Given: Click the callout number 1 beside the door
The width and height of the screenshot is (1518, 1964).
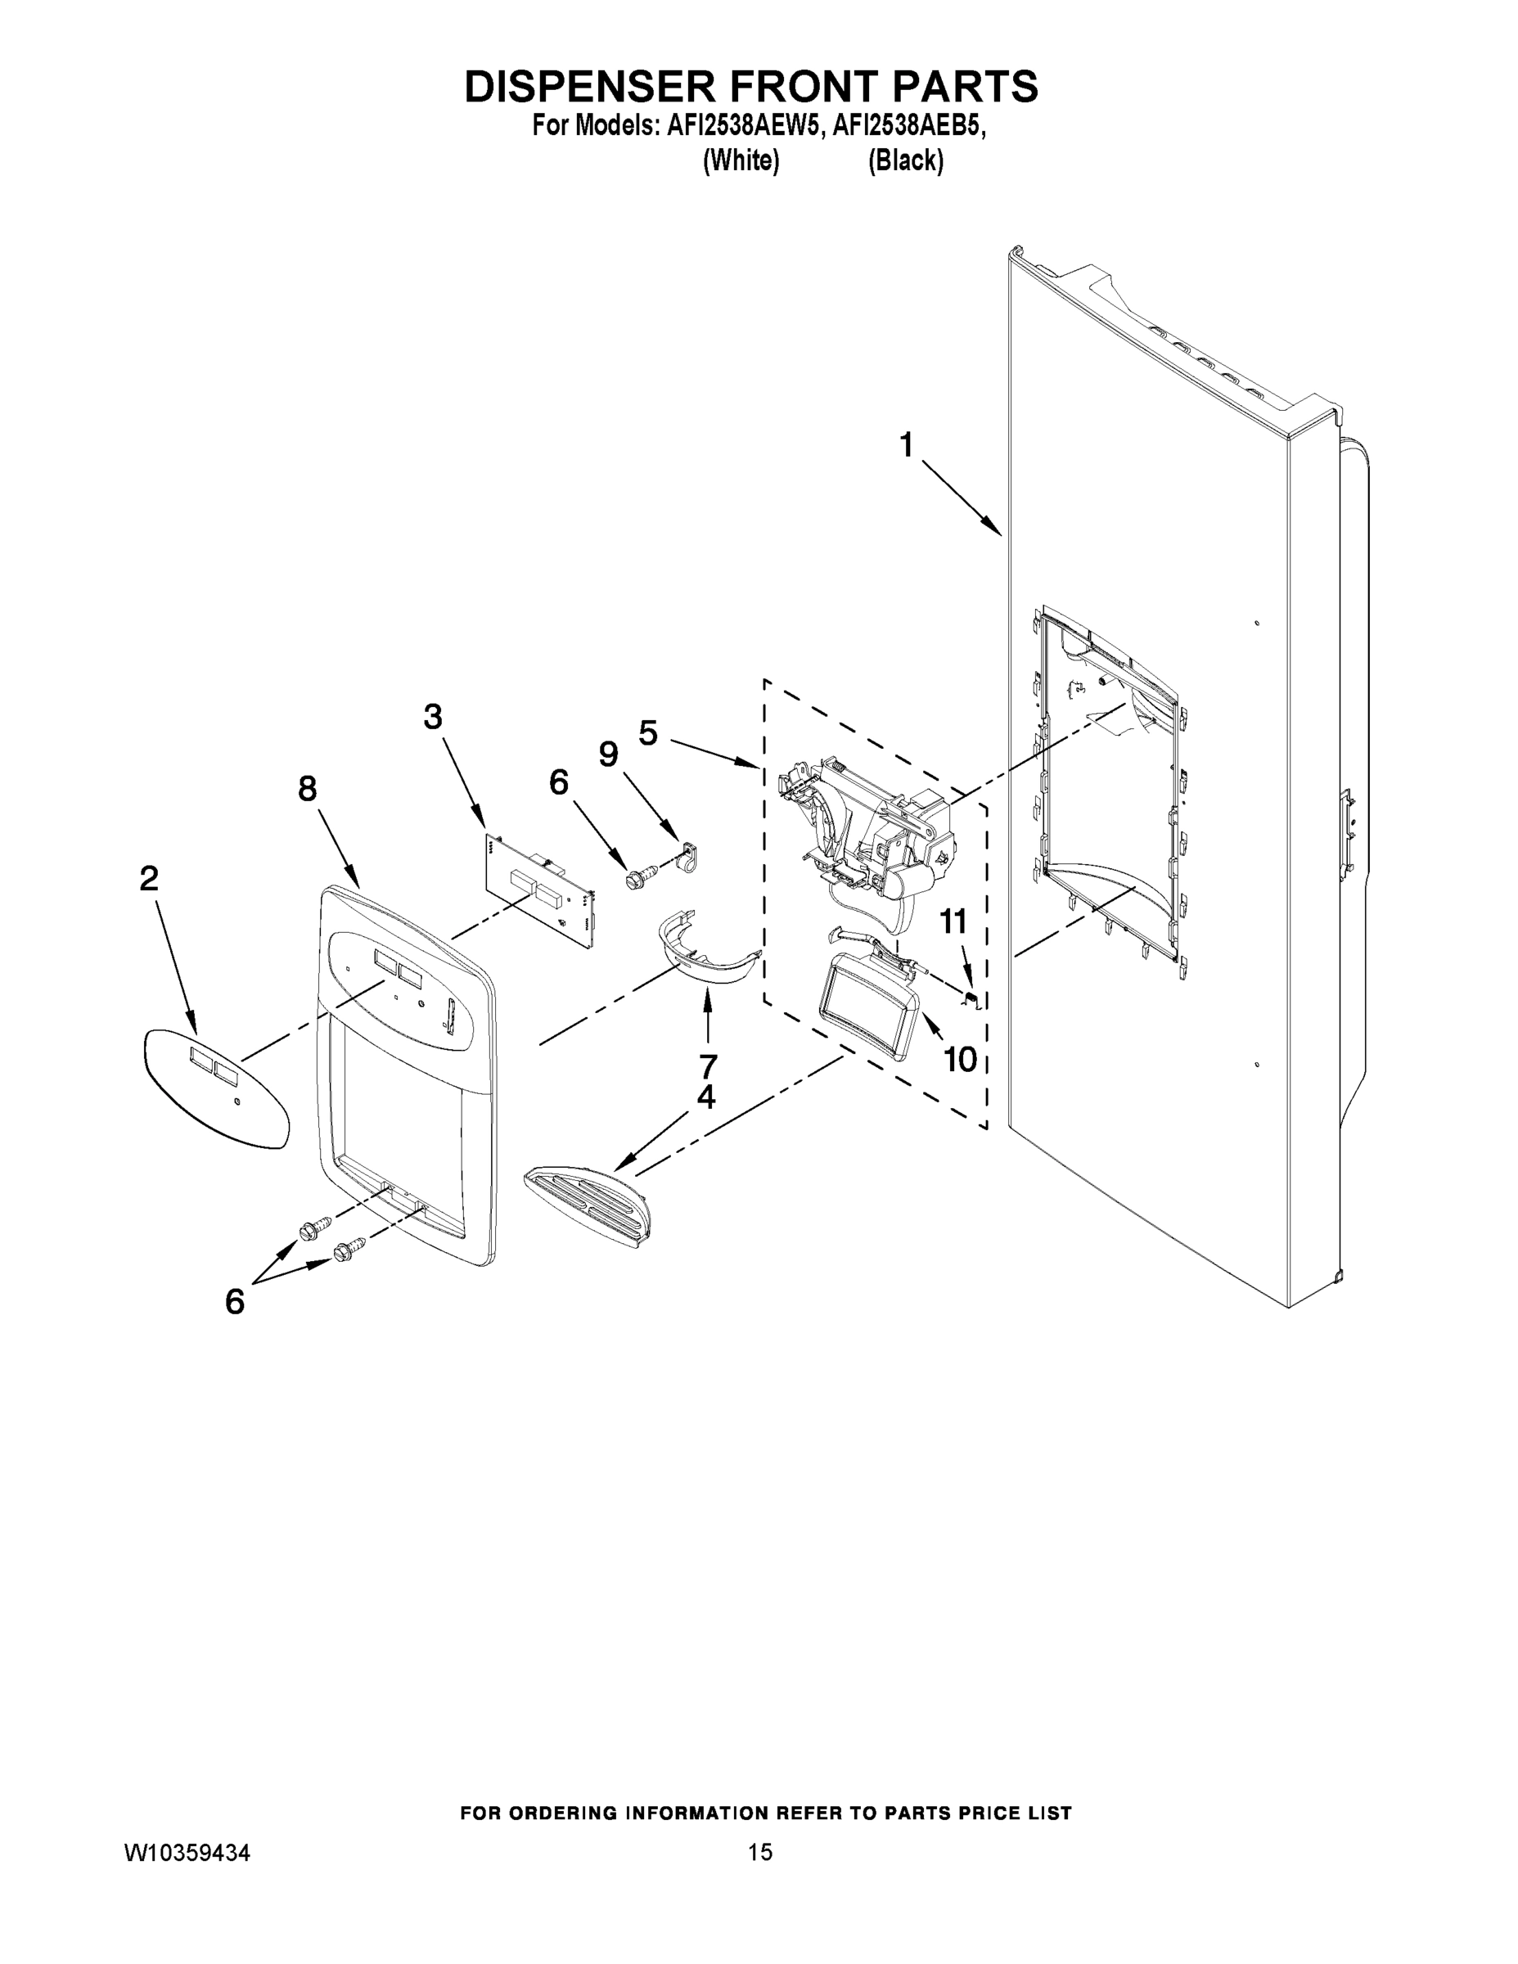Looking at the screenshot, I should point(907,444).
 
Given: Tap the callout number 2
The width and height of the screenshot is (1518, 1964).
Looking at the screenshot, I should point(149,879).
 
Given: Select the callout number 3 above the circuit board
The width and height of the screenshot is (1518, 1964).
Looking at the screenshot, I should point(433,717).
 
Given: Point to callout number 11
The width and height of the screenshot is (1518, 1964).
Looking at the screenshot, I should point(953,921).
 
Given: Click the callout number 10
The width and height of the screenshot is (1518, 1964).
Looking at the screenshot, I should point(960,1061).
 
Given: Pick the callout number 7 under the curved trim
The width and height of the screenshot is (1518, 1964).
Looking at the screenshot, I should point(708,1066).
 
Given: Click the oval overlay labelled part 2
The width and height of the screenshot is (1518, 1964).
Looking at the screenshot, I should point(216,1091).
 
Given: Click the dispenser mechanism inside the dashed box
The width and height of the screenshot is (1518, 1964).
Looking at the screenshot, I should point(872,836).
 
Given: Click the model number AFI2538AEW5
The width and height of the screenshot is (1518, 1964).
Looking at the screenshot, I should point(743,127).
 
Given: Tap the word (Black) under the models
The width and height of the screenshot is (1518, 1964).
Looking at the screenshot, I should point(905,161).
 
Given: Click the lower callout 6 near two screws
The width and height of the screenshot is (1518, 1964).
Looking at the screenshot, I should point(235,1301).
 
